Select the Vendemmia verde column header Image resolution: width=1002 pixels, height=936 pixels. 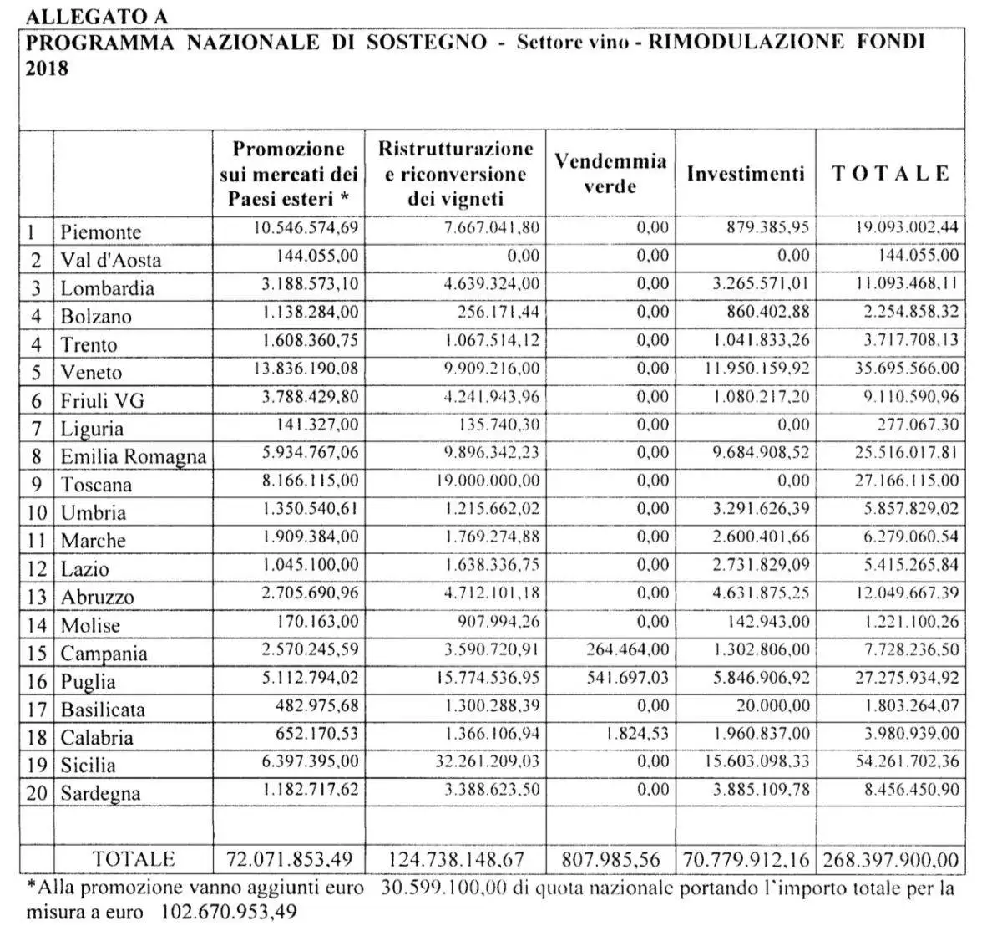pos(610,173)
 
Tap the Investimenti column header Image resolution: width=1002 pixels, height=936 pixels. pos(746,173)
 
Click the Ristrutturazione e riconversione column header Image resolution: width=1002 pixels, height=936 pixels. pos(455,173)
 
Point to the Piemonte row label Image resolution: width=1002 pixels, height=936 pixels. pos(101,231)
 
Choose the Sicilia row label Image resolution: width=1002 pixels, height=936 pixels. pos(88,766)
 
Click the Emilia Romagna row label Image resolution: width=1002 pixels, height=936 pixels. pos(133,456)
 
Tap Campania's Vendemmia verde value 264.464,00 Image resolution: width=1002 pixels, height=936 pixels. pos(626,649)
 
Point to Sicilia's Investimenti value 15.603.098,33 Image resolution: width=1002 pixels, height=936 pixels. pos(748,760)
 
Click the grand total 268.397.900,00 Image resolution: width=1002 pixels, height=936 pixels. pos(891,859)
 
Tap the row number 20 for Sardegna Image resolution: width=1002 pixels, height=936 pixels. pos(37,793)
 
